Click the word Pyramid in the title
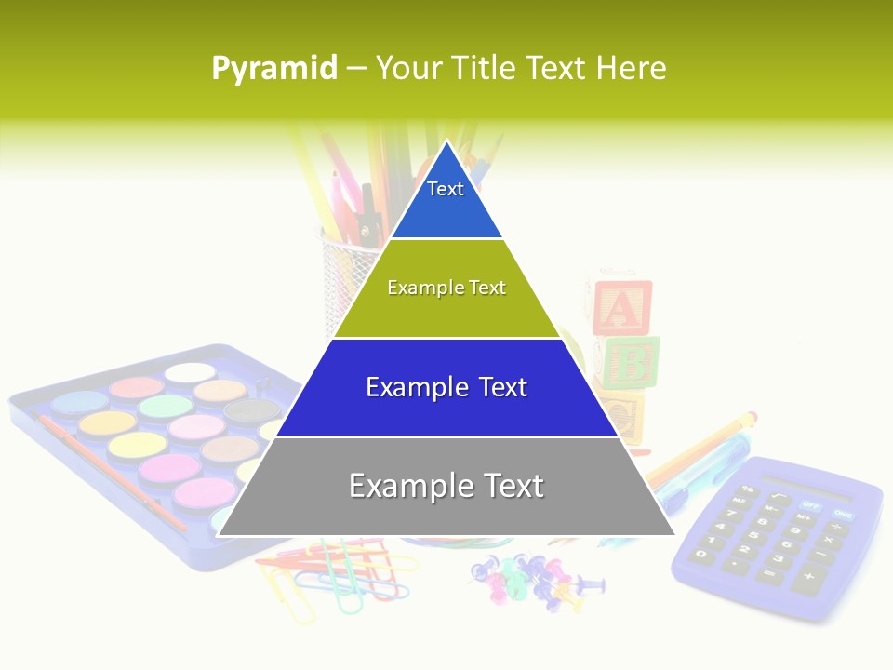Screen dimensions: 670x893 (x=274, y=68)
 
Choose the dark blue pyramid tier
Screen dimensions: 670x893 (x=446, y=387)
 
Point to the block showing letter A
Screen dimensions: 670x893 (x=622, y=307)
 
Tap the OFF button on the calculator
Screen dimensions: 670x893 (x=811, y=505)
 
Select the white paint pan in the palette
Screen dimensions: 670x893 (x=190, y=372)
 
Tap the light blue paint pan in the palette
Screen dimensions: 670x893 (x=79, y=403)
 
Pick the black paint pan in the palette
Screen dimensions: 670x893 (x=252, y=409)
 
